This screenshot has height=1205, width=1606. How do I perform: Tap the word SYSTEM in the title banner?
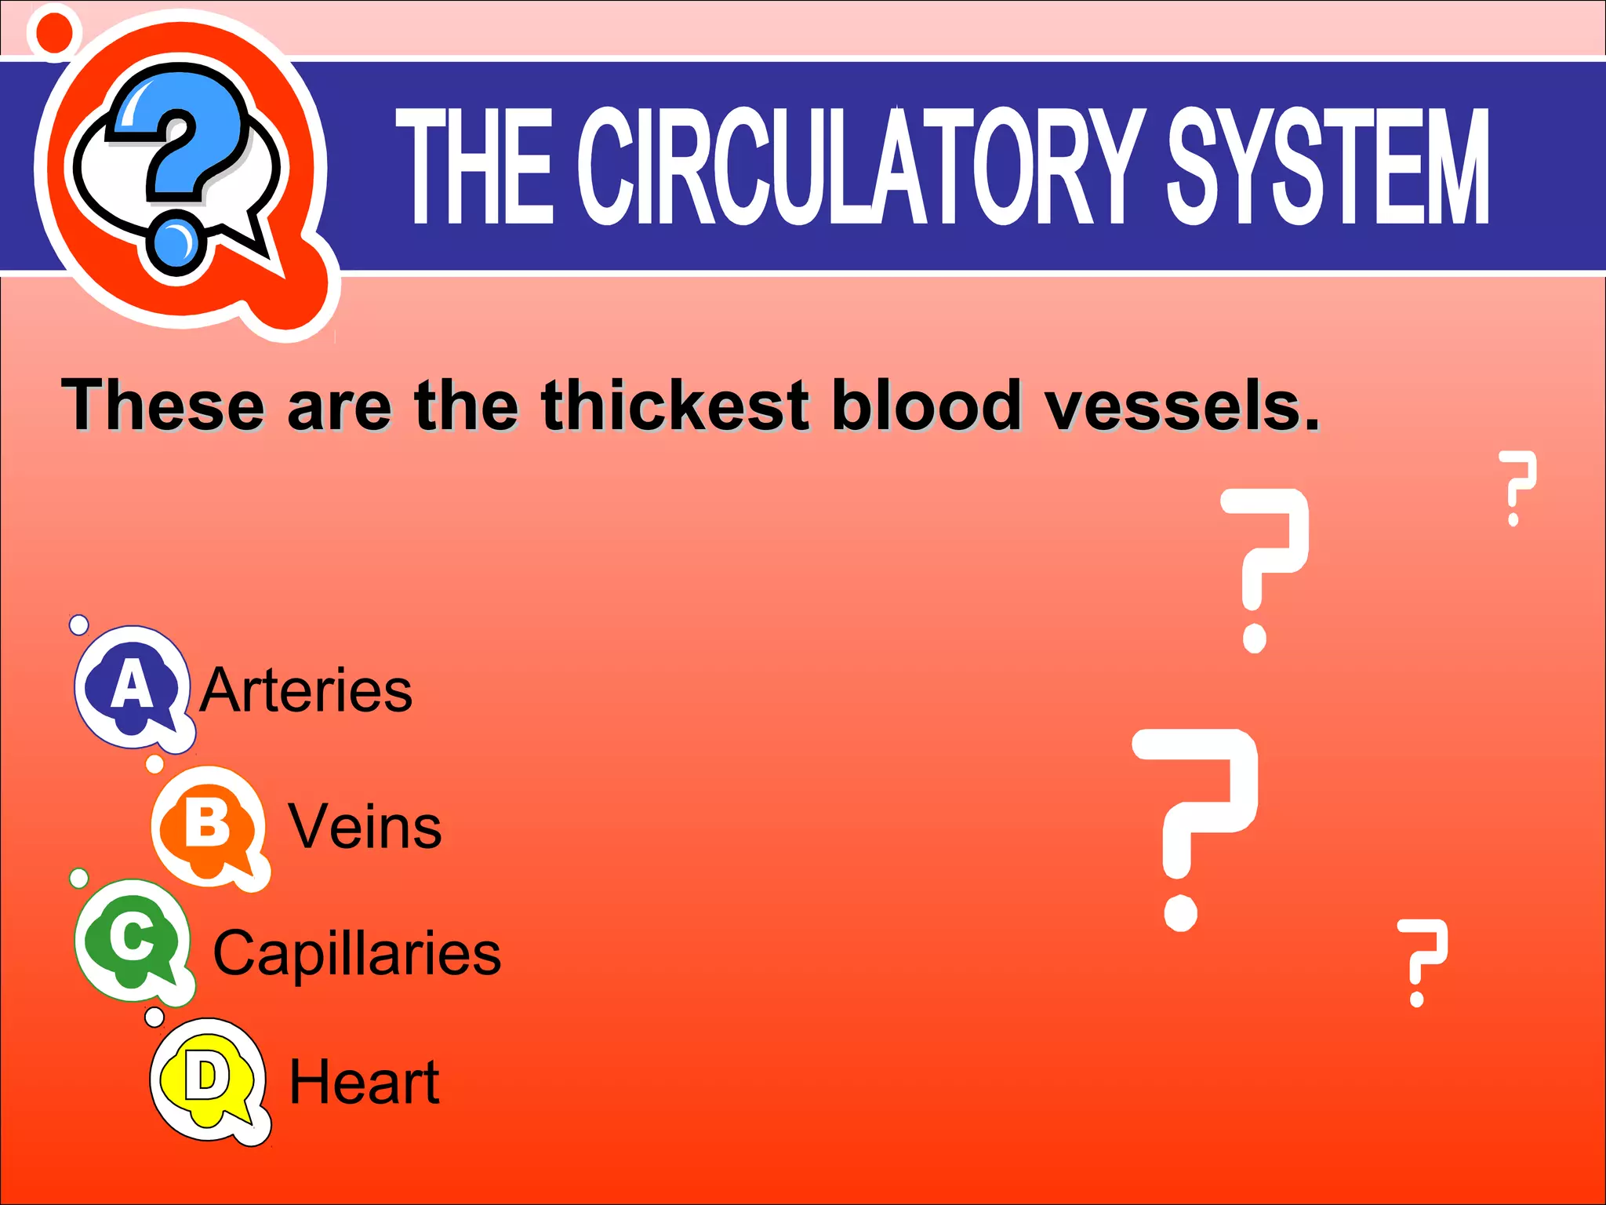(x=1328, y=166)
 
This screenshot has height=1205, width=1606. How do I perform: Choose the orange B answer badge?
(x=208, y=826)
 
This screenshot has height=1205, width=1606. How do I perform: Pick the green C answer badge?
(x=132, y=940)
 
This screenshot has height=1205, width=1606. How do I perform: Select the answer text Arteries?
(x=306, y=690)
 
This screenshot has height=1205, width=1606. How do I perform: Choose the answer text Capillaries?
(x=357, y=954)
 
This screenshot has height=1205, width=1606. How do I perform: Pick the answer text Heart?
(x=365, y=1082)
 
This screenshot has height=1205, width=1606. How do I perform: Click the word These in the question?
(x=162, y=406)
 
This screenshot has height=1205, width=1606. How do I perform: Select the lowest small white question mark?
(x=1421, y=962)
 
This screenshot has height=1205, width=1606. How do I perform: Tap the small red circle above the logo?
(x=54, y=31)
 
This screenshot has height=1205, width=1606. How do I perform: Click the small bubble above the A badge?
(x=79, y=625)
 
